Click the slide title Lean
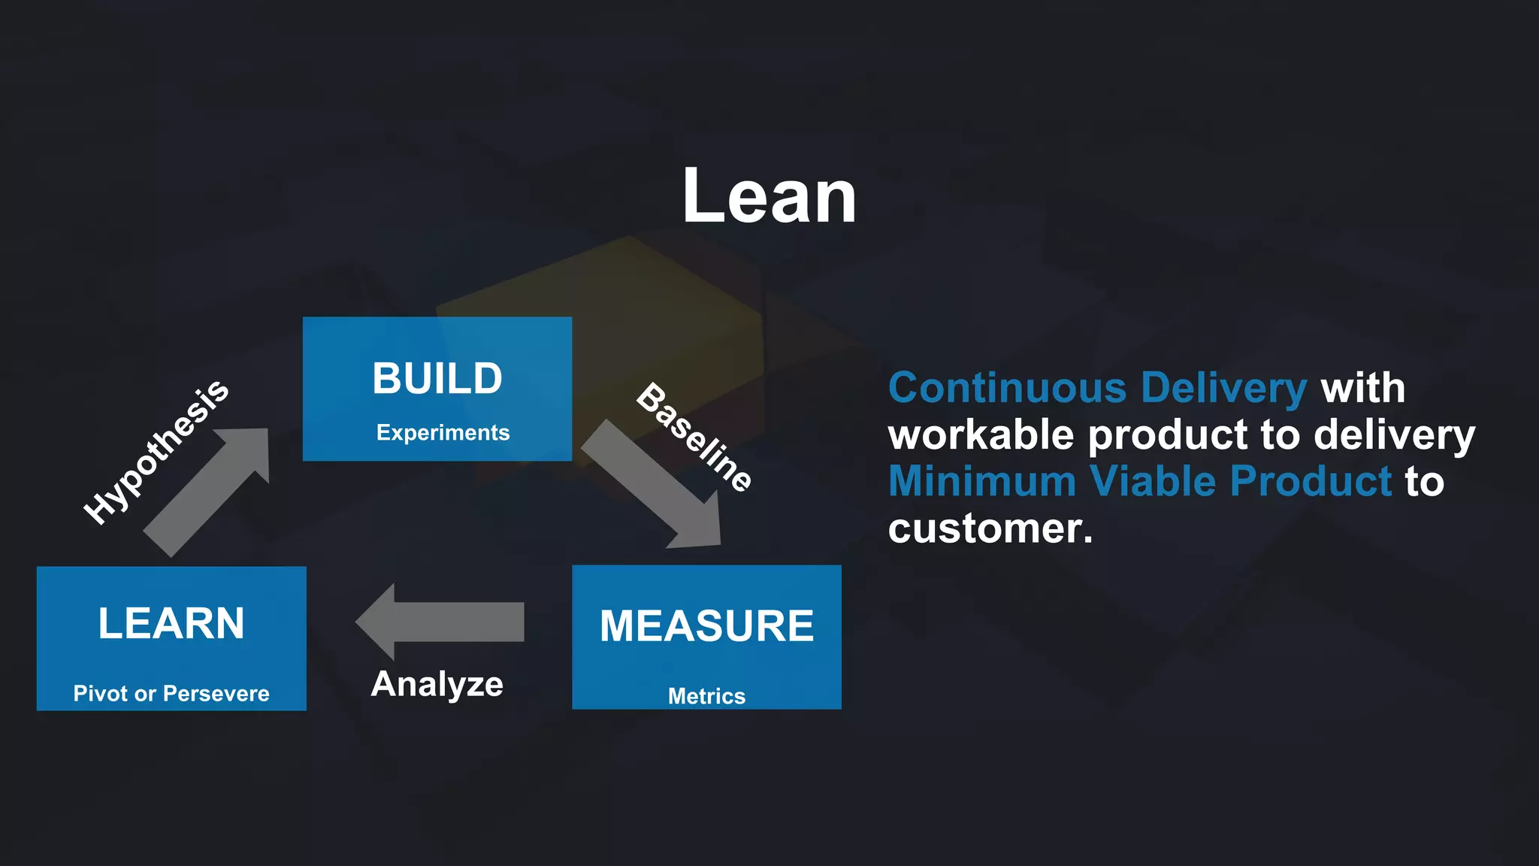pyautogui.click(x=769, y=196)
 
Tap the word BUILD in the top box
pyautogui.click(x=437, y=378)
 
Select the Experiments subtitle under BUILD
pyautogui.click(x=443, y=432)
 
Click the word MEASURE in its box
pyautogui.click(x=706, y=625)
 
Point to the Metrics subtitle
pyautogui.click(x=706, y=696)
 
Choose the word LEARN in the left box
pyautogui.click(x=171, y=623)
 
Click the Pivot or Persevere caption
pyautogui.click(x=171, y=693)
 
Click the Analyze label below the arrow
pyautogui.click(x=437, y=684)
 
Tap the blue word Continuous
pyautogui.click(x=1007, y=388)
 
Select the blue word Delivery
pyautogui.click(x=1224, y=388)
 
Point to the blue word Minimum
pyautogui.click(x=982, y=481)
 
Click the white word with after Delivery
pyautogui.click(x=1363, y=388)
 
